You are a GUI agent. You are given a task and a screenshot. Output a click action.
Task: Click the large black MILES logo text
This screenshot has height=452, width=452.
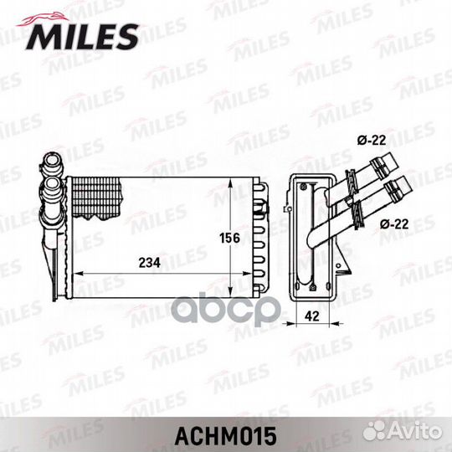coord(82,37)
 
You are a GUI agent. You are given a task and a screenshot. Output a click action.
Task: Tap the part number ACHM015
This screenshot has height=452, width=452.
coord(226,436)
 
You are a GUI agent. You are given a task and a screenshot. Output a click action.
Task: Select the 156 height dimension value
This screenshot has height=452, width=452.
coord(229,238)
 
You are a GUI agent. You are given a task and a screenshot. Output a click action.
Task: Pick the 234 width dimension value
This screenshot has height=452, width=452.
coord(149,263)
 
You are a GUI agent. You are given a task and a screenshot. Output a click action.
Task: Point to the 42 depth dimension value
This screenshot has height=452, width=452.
coord(312,316)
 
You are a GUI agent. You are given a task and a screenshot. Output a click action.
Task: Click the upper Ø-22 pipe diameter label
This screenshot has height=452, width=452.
coord(372,141)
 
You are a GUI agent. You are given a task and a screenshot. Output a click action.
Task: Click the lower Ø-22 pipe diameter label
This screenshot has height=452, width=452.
coord(394,223)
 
